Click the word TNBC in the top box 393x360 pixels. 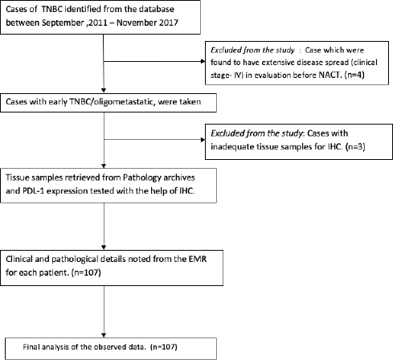point(52,9)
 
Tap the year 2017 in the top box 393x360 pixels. point(169,22)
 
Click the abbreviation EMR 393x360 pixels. point(198,259)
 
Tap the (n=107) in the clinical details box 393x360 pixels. point(86,272)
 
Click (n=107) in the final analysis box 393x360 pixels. point(164,347)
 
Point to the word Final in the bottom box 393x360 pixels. point(29,347)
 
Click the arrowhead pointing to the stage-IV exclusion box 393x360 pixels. point(203,61)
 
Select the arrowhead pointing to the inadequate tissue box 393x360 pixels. point(203,140)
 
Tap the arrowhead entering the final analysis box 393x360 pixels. point(104,335)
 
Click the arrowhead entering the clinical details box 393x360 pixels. point(104,247)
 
